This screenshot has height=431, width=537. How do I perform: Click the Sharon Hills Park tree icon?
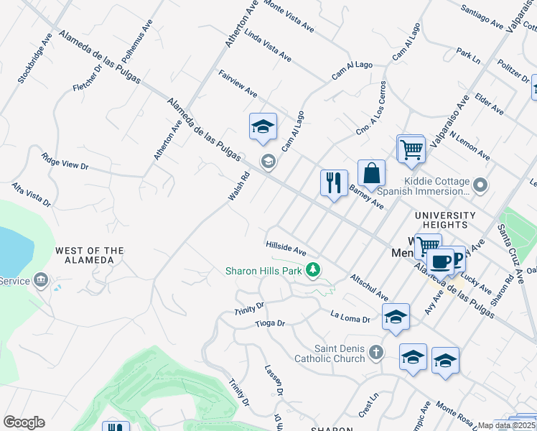coord(312,270)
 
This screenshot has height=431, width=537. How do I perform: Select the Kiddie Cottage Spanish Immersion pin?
coord(481,187)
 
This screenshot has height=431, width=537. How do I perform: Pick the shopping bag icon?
coord(371,173)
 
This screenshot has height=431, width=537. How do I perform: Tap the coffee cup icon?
coord(442,261)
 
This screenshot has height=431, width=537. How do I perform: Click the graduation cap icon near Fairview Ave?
coord(263,126)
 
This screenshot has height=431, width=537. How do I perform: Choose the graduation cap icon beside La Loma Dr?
coord(396,317)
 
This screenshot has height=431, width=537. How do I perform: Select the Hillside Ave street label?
coord(286,249)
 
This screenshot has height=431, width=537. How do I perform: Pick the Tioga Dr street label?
coord(270,323)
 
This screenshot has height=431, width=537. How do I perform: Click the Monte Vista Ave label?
coord(289,16)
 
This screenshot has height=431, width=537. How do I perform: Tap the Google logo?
coord(24,422)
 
